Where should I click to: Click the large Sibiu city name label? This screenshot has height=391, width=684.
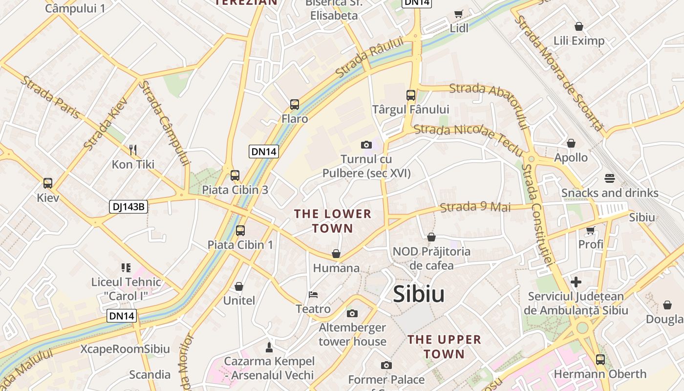tap(419, 294)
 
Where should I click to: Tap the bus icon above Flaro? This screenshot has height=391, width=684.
tap(294, 104)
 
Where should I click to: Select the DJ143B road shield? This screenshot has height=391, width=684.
tap(128, 207)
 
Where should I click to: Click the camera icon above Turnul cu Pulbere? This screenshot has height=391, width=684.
tap(366, 145)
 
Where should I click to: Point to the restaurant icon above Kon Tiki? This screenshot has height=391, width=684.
tap(132, 149)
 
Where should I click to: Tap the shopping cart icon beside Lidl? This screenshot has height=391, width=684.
tap(458, 14)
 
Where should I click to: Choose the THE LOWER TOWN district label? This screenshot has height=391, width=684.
tap(332, 221)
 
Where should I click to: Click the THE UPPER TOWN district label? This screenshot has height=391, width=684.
tap(444, 347)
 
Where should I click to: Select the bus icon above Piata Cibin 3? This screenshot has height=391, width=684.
tap(235, 175)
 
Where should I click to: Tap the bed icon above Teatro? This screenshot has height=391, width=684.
tap(313, 295)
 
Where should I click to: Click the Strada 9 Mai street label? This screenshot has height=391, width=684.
tap(475, 207)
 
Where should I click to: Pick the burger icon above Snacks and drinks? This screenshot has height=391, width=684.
tap(609, 178)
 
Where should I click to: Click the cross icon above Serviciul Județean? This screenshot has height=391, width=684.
tap(576, 282)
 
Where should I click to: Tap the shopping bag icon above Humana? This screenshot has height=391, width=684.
tap(336, 254)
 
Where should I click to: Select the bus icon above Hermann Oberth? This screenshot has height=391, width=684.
tap(600, 360)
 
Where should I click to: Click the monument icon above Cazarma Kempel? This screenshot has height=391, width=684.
tap(269, 347)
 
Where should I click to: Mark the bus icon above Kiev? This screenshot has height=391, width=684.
tap(48, 183)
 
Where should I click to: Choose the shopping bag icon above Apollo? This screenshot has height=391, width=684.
tap(571, 143)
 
